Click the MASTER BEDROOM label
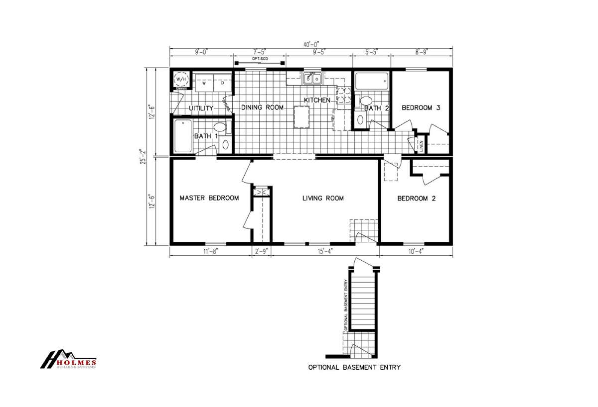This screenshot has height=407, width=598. [x=209, y=198]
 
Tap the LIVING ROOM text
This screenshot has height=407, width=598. [x=323, y=198]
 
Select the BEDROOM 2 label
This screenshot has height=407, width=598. [x=416, y=199]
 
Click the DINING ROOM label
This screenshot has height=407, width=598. [x=262, y=107]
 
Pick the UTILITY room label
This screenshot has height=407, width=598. [x=201, y=108]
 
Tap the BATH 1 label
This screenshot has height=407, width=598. [x=206, y=136]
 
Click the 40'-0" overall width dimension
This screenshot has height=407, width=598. [x=311, y=44]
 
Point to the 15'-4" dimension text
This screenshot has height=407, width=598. [x=325, y=251]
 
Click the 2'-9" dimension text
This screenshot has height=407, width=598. [x=261, y=251]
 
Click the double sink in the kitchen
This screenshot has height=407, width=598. [x=312, y=78]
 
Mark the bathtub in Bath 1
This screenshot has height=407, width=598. [x=183, y=136]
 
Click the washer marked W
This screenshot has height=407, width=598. [x=204, y=83]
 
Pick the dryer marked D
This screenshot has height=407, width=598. [x=223, y=83]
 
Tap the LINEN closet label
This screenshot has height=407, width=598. [x=421, y=145]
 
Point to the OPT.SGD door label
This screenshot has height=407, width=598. [x=259, y=58]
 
